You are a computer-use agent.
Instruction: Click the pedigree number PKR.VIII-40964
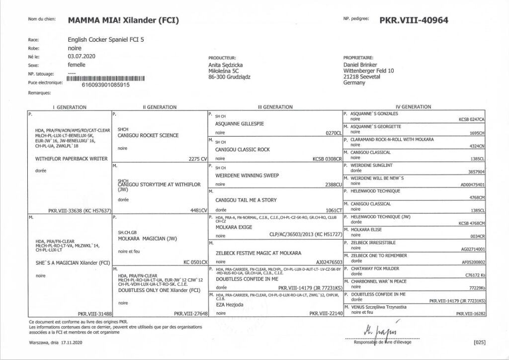click(x=414, y=20)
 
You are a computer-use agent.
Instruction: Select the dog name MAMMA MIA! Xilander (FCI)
click(x=123, y=20)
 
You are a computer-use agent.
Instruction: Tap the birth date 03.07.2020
click(x=82, y=57)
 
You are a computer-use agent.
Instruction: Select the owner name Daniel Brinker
click(x=360, y=65)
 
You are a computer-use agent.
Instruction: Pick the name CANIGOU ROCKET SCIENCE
click(x=148, y=135)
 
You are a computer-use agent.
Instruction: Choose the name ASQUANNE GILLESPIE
click(x=240, y=123)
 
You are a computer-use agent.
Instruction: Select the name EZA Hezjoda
click(x=227, y=305)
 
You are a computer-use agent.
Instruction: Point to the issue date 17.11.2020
click(x=72, y=343)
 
